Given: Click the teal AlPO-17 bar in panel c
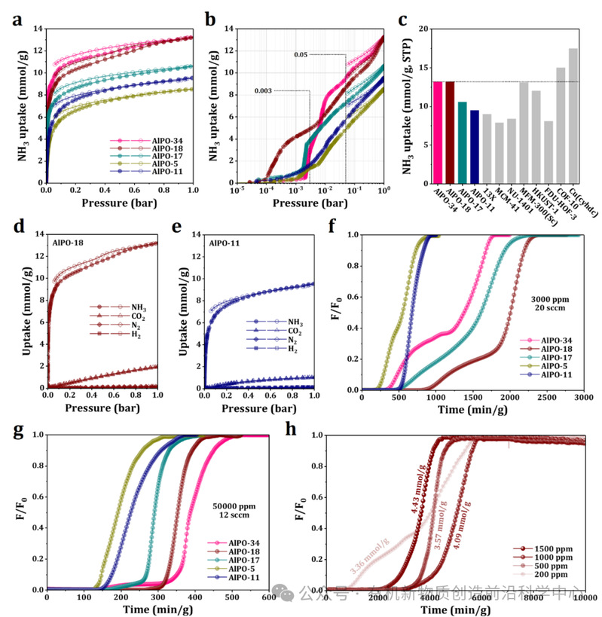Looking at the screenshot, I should coord(462,143).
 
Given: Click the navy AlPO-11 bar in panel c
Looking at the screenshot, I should coord(474,147).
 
